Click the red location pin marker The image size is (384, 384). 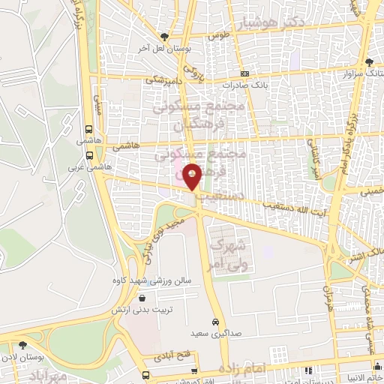coord(193,176)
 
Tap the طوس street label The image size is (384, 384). coord(219,35)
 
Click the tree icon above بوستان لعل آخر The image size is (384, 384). coord(164,36)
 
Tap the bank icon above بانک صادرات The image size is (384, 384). coord(244,73)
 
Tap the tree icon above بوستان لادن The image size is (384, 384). coord(22,345)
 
